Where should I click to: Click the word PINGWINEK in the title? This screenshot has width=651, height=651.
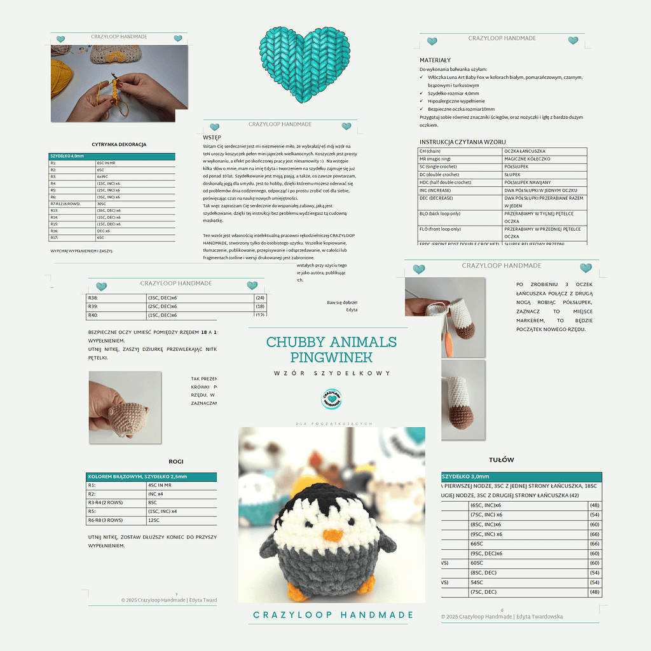(331, 357)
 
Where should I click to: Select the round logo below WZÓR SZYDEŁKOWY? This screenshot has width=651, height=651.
(331, 399)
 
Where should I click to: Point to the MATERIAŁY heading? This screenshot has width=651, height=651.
(435, 60)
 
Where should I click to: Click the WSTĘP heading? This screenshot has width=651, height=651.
(212, 137)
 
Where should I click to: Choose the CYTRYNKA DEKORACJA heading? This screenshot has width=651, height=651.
(119, 144)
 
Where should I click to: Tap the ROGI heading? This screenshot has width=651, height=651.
(175, 462)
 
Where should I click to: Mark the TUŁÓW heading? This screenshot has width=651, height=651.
(502, 460)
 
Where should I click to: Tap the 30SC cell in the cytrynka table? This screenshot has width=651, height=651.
(100, 203)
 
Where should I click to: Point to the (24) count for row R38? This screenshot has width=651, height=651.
(260, 298)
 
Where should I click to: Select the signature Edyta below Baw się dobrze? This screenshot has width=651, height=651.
(352, 310)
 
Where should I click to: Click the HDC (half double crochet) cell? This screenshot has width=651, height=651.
(444, 182)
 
